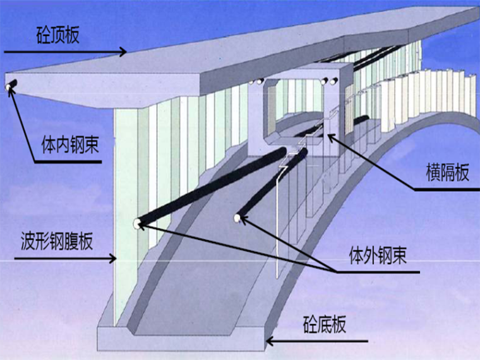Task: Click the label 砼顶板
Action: coord(57,35)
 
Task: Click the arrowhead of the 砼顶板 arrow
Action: coord(126,52)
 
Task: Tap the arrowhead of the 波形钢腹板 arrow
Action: coord(114,258)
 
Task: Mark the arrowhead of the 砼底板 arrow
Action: coord(268,342)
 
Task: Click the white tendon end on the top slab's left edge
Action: coord(10,87)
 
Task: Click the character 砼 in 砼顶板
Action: coord(44,35)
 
